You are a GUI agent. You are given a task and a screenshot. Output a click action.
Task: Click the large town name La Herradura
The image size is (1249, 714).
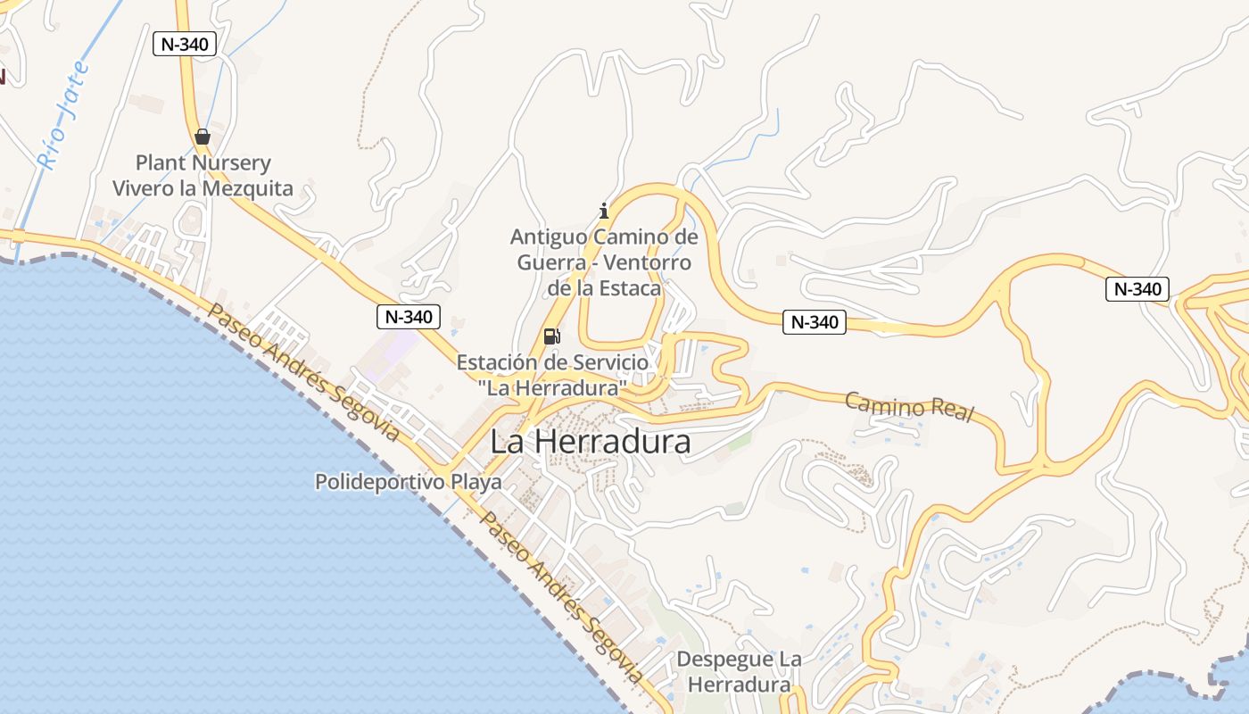tap(591, 442)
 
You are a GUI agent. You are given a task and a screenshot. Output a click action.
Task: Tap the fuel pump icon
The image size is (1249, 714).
tap(552, 336)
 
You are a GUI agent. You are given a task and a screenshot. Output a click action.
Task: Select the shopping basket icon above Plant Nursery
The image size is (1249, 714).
tap(203, 137)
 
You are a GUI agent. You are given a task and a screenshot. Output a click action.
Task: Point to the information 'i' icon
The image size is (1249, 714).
tap(604, 211)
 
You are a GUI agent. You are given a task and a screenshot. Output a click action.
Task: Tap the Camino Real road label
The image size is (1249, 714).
tap(909, 407)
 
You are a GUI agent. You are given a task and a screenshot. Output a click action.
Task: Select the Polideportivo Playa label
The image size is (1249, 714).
tap(408, 482)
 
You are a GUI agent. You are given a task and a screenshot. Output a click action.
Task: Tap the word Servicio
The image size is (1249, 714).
tap(603, 362)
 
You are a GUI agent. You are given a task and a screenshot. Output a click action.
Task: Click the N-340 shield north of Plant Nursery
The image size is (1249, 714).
tap(185, 44)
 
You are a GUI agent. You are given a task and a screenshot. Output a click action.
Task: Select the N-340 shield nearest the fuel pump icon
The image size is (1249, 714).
tap(408, 316)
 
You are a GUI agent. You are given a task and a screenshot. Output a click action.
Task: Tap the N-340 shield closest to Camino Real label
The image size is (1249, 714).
tap(814, 322)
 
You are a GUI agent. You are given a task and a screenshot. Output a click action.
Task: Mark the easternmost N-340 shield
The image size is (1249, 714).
tap(1137, 289)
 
